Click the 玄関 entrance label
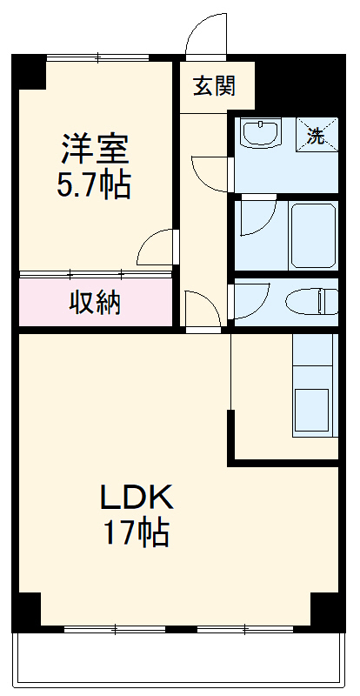click(213, 86)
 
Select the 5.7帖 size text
click(95, 185)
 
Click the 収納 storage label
click(96, 303)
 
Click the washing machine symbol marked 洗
click(316, 135)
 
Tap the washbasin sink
click(261, 134)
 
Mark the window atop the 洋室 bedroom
click(97, 57)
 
